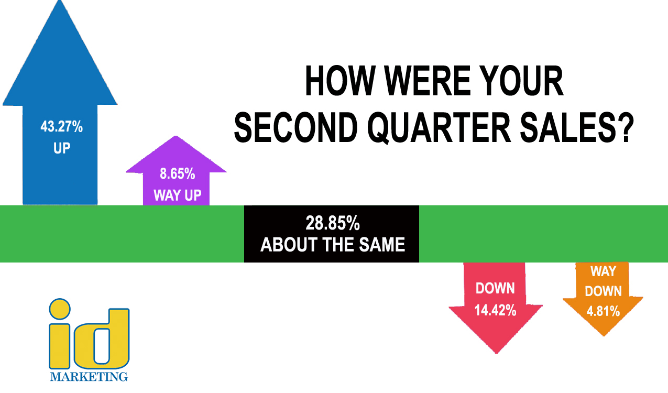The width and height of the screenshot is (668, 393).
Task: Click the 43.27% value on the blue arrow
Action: point(62,126)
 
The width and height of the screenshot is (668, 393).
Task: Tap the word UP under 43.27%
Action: point(62,148)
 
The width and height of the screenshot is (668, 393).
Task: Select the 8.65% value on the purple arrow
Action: point(178,173)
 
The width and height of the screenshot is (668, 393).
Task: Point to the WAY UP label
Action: point(178,195)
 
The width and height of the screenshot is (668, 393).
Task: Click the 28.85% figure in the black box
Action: point(333,223)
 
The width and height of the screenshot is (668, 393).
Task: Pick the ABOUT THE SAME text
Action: point(333,245)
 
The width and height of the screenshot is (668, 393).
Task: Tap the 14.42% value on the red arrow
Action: point(495,310)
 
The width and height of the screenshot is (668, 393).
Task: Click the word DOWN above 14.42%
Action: point(495,288)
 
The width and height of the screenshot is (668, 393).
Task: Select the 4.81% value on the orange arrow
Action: point(603,311)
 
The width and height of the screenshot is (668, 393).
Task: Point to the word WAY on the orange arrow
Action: point(603,271)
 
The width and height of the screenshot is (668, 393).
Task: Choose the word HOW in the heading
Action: point(340,81)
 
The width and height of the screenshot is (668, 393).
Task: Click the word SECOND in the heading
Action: point(296,128)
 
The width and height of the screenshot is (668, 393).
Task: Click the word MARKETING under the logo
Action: point(89,377)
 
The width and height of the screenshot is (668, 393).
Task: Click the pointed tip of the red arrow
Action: point(497,353)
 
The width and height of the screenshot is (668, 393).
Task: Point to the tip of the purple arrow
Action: point(176,136)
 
